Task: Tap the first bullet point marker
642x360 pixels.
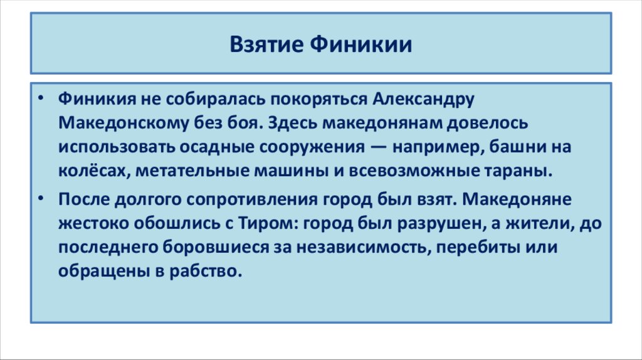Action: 41,100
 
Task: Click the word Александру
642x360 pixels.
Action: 425,99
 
